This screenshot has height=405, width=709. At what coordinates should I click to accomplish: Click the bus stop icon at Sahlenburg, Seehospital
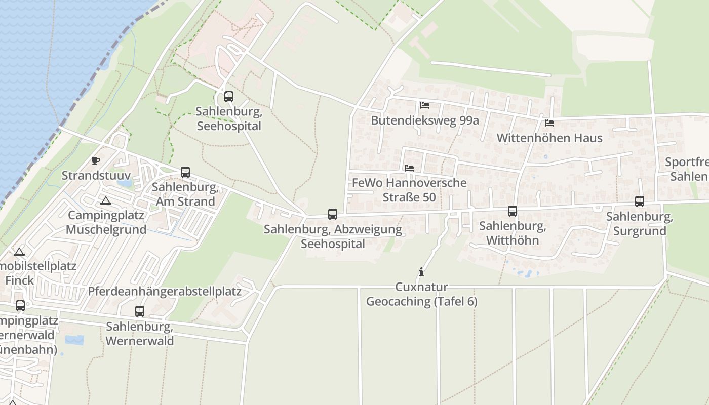tap(229, 97)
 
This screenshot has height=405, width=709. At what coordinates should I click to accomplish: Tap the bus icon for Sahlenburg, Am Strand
tap(185, 172)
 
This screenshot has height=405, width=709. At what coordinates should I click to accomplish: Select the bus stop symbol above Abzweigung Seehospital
tap(333, 214)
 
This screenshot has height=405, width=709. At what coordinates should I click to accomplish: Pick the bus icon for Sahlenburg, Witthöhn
tap(513, 211)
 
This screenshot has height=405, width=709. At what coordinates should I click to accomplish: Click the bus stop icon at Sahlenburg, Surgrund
tap(640, 201)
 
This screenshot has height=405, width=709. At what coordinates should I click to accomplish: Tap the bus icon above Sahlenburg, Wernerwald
tap(140, 311)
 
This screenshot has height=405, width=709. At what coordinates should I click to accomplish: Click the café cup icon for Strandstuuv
tap(96, 161)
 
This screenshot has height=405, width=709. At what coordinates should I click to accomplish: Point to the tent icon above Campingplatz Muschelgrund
tap(105, 200)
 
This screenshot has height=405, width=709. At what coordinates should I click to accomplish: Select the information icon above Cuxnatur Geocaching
tap(421, 272)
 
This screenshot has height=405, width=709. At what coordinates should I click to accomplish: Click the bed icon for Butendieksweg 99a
tap(425, 105)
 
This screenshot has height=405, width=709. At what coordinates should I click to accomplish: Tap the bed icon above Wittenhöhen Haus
tap(549, 123)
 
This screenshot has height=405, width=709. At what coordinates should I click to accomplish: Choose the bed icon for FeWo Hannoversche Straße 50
tap(409, 168)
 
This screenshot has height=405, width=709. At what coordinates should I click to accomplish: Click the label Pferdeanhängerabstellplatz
tap(165, 292)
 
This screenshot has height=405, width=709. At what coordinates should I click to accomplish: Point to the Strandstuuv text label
tap(96, 176)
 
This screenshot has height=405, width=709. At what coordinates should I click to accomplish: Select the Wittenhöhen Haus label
tap(549, 138)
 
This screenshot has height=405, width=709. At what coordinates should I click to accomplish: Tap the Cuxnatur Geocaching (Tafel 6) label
tap(421, 294)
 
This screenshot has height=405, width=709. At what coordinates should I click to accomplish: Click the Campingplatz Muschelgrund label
tap(106, 222)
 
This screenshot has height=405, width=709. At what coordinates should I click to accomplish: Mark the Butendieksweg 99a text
tap(424, 120)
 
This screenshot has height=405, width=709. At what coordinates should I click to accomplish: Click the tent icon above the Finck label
tap(19, 252)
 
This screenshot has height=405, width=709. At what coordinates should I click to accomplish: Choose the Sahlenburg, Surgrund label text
tap(639, 224)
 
